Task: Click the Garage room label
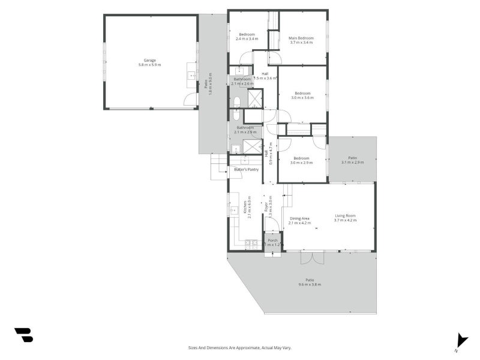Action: tap(151, 60)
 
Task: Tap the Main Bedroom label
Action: tap(302, 38)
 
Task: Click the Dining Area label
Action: tap(299, 218)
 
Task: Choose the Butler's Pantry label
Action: tap(246, 170)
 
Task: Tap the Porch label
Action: tap(273, 241)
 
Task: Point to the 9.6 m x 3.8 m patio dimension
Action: tap(310, 284)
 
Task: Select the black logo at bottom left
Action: tap(23, 335)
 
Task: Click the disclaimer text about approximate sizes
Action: tap(240, 347)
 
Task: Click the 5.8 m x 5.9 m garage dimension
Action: tap(151, 65)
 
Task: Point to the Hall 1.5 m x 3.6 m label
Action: tap(265, 76)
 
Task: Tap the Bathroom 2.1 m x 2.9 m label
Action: tap(245, 130)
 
